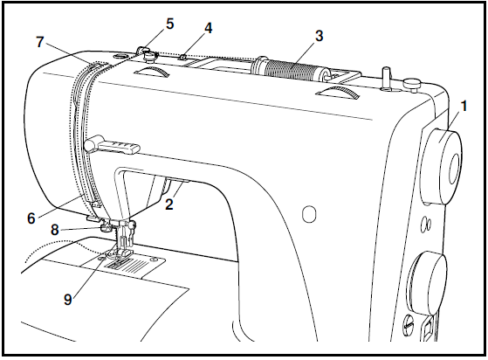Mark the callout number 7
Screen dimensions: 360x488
(40, 41)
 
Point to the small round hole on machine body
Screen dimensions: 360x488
(304, 212)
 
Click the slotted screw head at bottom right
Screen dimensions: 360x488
(408, 327)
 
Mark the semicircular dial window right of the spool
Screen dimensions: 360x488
(335, 93)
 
